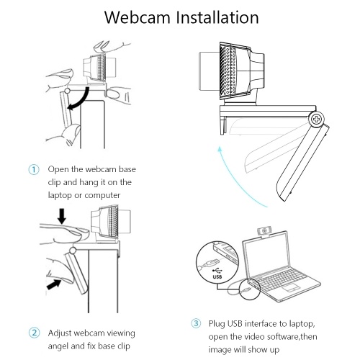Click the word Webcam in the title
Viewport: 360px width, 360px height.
pos(137,17)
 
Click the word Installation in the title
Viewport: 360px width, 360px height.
pos(217,17)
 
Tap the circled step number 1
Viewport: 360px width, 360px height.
pos(34,170)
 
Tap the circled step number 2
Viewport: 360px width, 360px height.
pos(34,333)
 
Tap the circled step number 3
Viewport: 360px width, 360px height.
pos(196,323)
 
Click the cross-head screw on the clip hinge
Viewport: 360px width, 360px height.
pos(317,119)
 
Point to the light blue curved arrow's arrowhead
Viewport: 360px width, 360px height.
pos(220,149)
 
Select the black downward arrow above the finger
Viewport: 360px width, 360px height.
pos(62,216)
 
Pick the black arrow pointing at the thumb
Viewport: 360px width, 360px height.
pos(53,284)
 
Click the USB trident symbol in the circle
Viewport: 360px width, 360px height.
pos(217,271)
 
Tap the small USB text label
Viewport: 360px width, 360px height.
pos(217,277)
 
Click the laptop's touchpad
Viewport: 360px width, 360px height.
pos(291,287)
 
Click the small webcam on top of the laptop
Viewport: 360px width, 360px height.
pos(264,232)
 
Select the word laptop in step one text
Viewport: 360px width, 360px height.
pos(60,196)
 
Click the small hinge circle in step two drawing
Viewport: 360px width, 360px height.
pos(72,251)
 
